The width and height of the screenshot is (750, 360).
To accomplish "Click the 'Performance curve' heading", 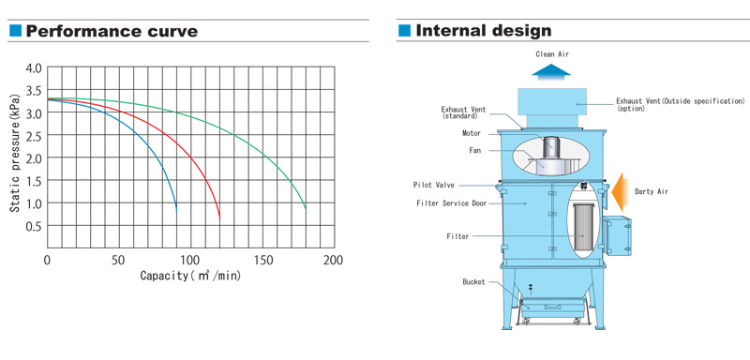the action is coord(112,31).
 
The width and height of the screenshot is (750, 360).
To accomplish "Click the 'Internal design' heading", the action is coord(484,31).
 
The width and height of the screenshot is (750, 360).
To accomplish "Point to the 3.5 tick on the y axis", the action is coord(33,90).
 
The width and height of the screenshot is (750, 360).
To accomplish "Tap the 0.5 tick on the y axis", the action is coord(33,226).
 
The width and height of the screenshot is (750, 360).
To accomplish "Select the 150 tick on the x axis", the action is coord(263,261).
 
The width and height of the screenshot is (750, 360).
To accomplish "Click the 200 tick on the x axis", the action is coord(333,261).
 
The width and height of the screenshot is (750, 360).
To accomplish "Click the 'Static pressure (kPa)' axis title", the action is coord(15,154).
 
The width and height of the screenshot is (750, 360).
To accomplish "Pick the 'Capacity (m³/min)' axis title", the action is coord(190,276).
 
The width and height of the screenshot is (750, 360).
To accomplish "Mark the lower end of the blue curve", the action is coord(176,212).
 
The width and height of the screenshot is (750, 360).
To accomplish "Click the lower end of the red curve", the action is coord(219,219).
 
